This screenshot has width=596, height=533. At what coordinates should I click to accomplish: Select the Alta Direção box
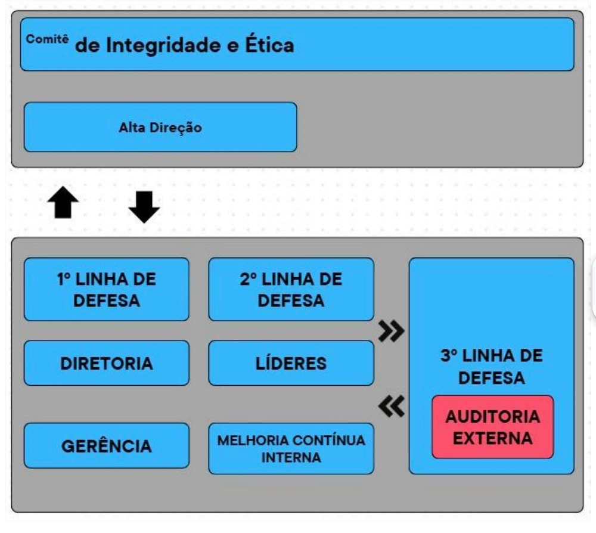(x=160, y=127)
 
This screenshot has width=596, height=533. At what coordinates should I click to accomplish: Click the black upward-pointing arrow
(x=63, y=204)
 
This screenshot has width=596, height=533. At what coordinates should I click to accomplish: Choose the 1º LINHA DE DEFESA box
(x=106, y=289)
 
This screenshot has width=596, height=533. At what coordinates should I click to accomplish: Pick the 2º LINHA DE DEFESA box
(x=291, y=289)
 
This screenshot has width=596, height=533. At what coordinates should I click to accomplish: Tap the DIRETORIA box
(x=106, y=363)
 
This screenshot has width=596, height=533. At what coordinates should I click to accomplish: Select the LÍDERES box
(x=291, y=363)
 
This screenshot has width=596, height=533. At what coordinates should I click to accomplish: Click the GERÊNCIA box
(x=106, y=445)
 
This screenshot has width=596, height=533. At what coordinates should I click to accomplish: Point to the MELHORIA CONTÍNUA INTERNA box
(x=291, y=449)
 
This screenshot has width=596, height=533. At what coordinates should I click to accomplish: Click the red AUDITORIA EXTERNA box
(x=492, y=427)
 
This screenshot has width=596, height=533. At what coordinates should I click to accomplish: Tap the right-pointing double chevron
(x=392, y=330)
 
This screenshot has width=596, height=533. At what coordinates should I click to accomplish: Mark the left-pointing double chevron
(x=392, y=407)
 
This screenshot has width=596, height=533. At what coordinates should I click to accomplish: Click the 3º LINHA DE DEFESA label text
(x=492, y=367)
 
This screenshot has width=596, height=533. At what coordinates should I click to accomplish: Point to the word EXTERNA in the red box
(x=492, y=438)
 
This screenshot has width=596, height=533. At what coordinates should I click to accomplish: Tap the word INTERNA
(x=291, y=458)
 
